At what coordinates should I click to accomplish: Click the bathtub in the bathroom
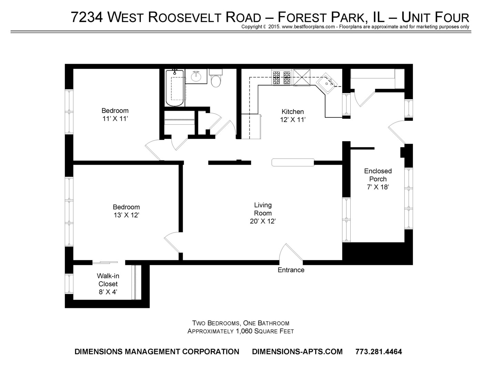point(175,88)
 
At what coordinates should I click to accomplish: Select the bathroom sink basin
point(196,76)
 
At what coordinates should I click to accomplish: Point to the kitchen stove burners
point(281,77)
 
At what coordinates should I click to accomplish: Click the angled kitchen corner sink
point(327,83)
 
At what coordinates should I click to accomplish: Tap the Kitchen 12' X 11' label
point(293,115)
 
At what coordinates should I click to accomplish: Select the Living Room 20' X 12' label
point(263,213)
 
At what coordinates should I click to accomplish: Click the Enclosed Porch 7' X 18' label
point(378,179)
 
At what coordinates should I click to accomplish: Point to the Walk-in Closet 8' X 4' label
point(108,284)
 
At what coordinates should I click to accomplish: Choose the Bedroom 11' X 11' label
point(115,115)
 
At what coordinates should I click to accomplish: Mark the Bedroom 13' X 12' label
point(126,211)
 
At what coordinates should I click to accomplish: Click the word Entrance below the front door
point(291,270)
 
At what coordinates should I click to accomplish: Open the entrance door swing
point(291,252)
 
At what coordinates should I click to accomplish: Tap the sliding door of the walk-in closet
point(105,262)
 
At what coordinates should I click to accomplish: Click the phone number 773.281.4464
point(379,352)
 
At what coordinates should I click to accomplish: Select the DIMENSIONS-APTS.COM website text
point(297,352)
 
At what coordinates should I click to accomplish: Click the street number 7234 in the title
point(87,17)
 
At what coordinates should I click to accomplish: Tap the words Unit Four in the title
point(435,17)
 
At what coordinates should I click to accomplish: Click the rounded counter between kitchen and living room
point(293,162)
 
